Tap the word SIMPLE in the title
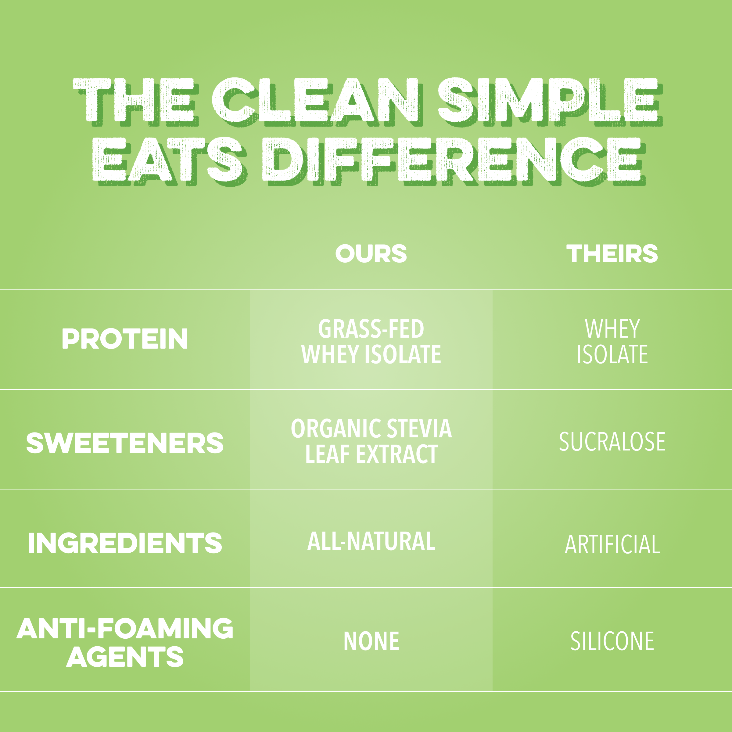(x=549, y=100)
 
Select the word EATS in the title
(x=167, y=159)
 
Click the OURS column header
(x=371, y=253)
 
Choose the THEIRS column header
(x=612, y=253)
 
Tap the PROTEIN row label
(x=125, y=339)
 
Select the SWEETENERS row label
(x=125, y=443)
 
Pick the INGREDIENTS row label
(x=125, y=543)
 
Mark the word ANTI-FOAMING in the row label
(x=125, y=628)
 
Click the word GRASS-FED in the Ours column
(x=371, y=328)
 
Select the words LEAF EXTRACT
(x=371, y=454)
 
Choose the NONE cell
(x=371, y=641)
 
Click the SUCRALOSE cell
(x=612, y=442)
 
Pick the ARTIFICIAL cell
(x=612, y=544)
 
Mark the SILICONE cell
(x=612, y=641)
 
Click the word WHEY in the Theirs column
(x=612, y=328)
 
